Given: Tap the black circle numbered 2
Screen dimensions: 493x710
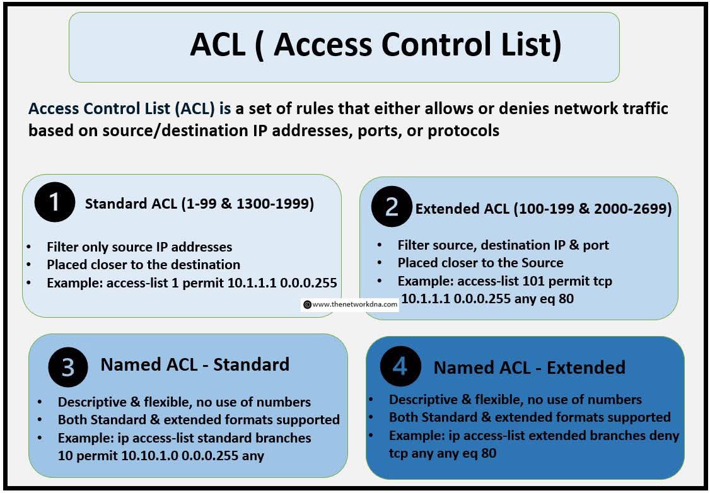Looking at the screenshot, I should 392,207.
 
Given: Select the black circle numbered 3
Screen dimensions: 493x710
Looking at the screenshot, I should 69,366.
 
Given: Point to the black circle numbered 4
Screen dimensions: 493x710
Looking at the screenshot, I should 400,367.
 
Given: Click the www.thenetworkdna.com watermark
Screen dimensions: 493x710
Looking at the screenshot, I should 351,304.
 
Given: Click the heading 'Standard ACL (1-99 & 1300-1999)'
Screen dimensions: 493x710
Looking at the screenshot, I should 200,204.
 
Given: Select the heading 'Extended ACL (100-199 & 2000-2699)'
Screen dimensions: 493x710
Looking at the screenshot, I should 543,209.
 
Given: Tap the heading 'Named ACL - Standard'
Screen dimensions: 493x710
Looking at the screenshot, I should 195,364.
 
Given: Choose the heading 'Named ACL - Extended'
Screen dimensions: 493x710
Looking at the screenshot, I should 529,368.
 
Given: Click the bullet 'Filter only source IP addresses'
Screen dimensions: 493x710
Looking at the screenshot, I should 139,247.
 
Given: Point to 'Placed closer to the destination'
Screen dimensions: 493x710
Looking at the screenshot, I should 143,265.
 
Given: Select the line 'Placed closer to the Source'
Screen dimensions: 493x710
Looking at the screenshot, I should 480,262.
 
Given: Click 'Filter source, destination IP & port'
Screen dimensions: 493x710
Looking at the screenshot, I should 503,245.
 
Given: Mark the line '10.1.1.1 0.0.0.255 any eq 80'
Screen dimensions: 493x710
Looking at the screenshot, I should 487,299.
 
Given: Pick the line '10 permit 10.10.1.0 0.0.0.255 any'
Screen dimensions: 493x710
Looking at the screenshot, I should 161,455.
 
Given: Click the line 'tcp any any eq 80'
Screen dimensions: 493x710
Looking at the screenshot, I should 442,453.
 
